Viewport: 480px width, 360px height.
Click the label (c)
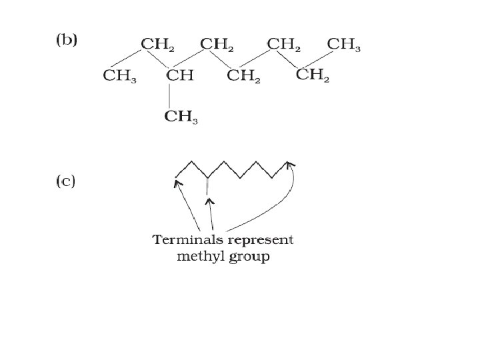(x=65, y=181)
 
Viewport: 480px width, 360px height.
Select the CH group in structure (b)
(x=179, y=75)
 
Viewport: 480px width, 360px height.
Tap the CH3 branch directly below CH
(x=181, y=117)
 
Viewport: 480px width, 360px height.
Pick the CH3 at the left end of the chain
(x=120, y=75)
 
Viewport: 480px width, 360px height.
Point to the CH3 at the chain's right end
(x=345, y=45)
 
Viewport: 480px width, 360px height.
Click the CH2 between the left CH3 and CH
(x=159, y=45)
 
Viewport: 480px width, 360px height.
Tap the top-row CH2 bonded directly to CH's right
(x=217, y=45)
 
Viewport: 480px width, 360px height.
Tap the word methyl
(x=197, y=257)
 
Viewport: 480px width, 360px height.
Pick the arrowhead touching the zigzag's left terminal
(x=177, y=181)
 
